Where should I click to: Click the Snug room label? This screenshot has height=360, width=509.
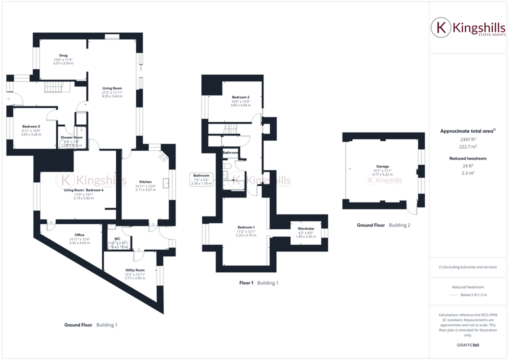(63, 55)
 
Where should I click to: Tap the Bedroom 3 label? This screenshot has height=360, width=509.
(31, 126)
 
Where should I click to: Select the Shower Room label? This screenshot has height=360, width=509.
(71, 137)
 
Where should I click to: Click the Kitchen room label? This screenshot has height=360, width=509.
(145, 182)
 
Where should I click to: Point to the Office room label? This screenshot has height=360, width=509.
(79, 235)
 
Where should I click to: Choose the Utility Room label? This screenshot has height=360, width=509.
(135, 270)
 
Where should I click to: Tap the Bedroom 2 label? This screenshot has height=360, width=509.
(240, 97)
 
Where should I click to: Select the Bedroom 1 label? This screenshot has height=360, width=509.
(246, 227)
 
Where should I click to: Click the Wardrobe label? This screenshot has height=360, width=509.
(306, 228)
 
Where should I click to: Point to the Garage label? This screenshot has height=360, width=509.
(382, 166)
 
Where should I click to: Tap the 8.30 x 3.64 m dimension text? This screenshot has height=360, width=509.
(112, 96)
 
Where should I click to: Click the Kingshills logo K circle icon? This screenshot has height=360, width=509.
(441, 28)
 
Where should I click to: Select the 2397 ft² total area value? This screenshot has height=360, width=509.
(468, 140)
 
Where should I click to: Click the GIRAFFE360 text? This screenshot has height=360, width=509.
(468, 345)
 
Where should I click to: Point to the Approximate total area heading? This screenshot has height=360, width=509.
(466, 131)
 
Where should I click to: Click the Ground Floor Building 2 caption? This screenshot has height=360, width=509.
(383, 225)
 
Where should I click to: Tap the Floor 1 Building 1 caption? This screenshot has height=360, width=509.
(258, 283)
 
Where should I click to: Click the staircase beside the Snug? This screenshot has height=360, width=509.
(55, 87)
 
